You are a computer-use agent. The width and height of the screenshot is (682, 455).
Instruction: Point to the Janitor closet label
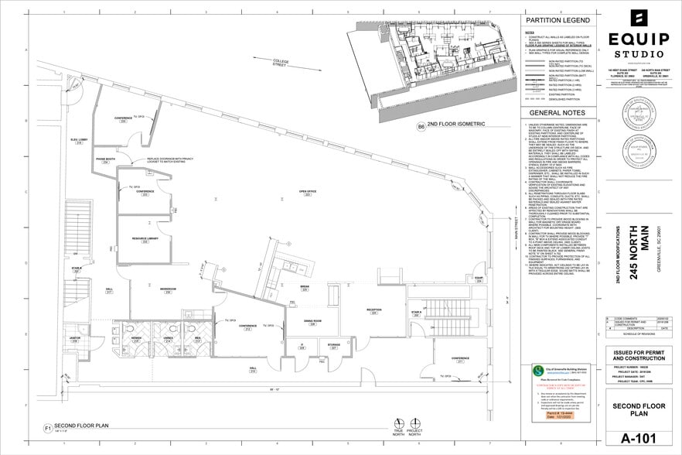tap(75, 338)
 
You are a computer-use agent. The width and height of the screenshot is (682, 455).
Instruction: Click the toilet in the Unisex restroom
tap(169, 327)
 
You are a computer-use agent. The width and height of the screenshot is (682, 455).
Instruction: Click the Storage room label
tap(333, 346)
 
